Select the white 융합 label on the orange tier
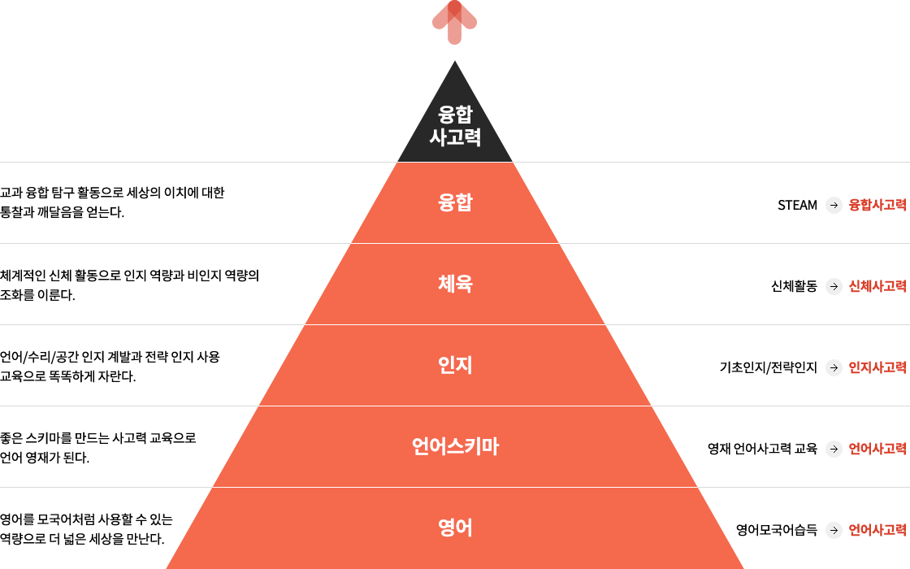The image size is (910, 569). tap(455, 202)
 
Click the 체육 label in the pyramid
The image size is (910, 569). tap(455, 284)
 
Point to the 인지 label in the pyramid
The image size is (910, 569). tap(455, 365)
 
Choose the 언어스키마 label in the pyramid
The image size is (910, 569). tap(455, 446)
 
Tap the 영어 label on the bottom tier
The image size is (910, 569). tap(455, 528)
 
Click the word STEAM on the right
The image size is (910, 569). tap(797, 205)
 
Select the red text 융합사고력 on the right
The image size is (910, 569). tap(877, 205)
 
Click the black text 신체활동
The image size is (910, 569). tap(794, 286)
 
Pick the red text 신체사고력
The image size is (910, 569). tap(877, 286)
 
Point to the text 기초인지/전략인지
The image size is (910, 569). tap(769, 367)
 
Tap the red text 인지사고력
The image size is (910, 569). tap(877, 367)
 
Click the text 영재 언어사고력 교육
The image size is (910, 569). tap(763, 449)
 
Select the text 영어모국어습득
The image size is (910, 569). tap(777, 530)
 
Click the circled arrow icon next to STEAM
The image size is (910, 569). tap(834, 205)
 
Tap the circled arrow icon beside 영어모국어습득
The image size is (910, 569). tap(834, 530)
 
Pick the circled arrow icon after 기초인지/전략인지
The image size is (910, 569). tap(834, 367)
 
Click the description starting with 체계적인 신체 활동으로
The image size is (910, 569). tap(129, 285)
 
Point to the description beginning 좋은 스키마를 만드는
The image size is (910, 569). tap(98, 448)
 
